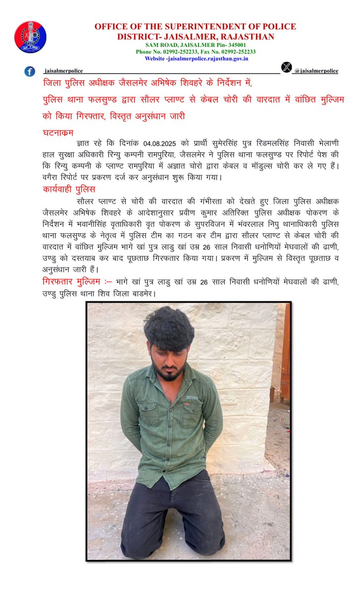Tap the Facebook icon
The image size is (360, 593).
pos(30,71)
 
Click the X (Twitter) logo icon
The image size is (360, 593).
pos(286,68)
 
